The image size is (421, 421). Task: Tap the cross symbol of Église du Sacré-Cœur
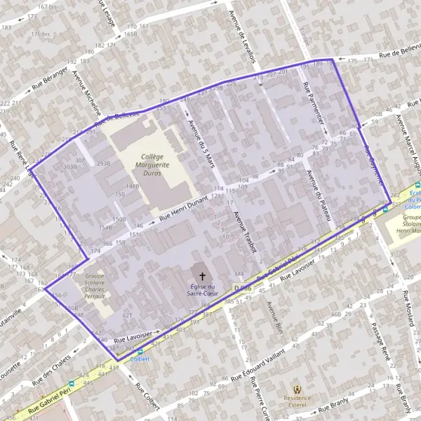[203, 276]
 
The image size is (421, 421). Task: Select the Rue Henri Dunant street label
[185, 210]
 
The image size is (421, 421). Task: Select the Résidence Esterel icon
[297, 389]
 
